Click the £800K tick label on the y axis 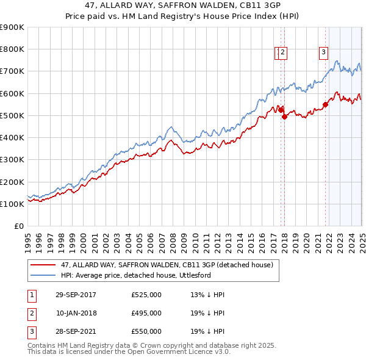12,49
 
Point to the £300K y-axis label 12,160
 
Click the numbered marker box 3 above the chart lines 323,52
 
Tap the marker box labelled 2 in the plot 284,52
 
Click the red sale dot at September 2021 325,104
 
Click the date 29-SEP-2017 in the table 76,295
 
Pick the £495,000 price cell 146,313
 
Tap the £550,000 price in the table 146,331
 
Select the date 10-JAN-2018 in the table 76,313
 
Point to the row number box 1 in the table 30,295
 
